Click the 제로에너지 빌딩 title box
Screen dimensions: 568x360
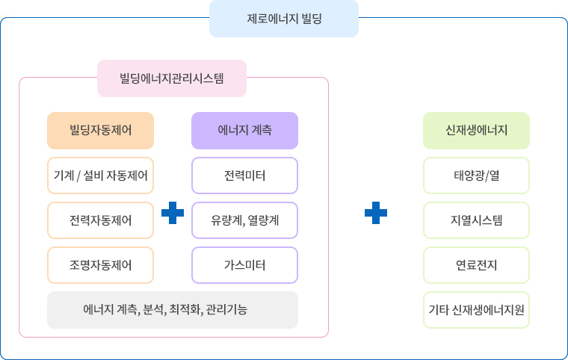284,19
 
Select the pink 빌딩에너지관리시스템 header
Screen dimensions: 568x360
172,78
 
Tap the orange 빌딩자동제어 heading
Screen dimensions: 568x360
100,131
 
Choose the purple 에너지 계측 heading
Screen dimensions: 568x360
244,131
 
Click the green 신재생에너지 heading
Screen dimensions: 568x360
476,131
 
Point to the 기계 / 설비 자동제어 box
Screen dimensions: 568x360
100,176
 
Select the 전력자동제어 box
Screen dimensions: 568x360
100,220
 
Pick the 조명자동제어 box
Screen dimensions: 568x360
100,265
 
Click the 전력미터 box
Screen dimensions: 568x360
244,176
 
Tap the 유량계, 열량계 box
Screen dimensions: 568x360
244,220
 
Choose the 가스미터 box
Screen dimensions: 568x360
244,265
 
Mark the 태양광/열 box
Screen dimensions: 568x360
476,176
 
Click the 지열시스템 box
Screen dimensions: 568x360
476,220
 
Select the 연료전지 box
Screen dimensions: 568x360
476,265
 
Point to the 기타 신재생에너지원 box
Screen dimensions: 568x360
476,310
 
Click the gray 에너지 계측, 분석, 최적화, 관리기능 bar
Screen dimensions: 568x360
173,310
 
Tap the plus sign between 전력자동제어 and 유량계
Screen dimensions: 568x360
173,213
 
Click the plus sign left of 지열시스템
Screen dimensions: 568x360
376,213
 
